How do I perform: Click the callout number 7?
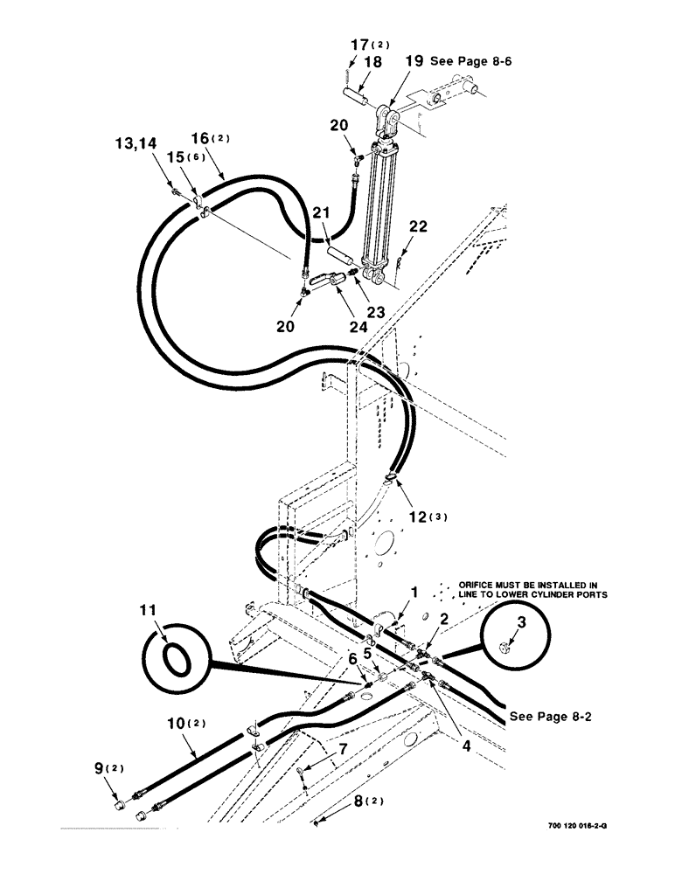point(343,748)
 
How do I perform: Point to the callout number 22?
point(419,225)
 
